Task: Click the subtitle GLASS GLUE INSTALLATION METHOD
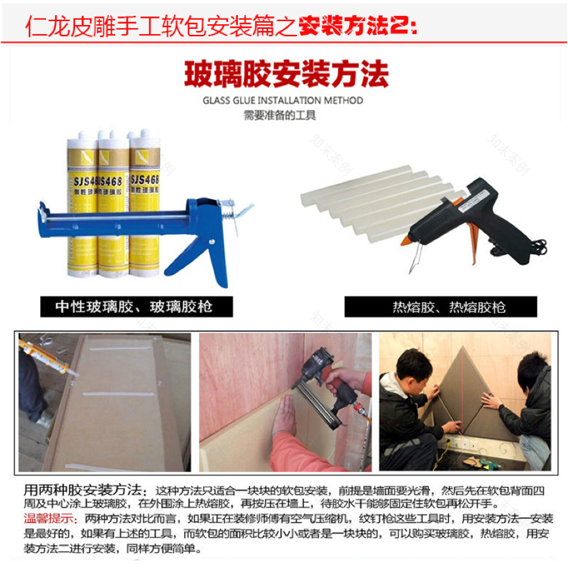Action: [283, 101]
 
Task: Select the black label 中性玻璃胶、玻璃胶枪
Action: [134, 306]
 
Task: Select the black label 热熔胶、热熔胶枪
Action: [440, 306]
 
